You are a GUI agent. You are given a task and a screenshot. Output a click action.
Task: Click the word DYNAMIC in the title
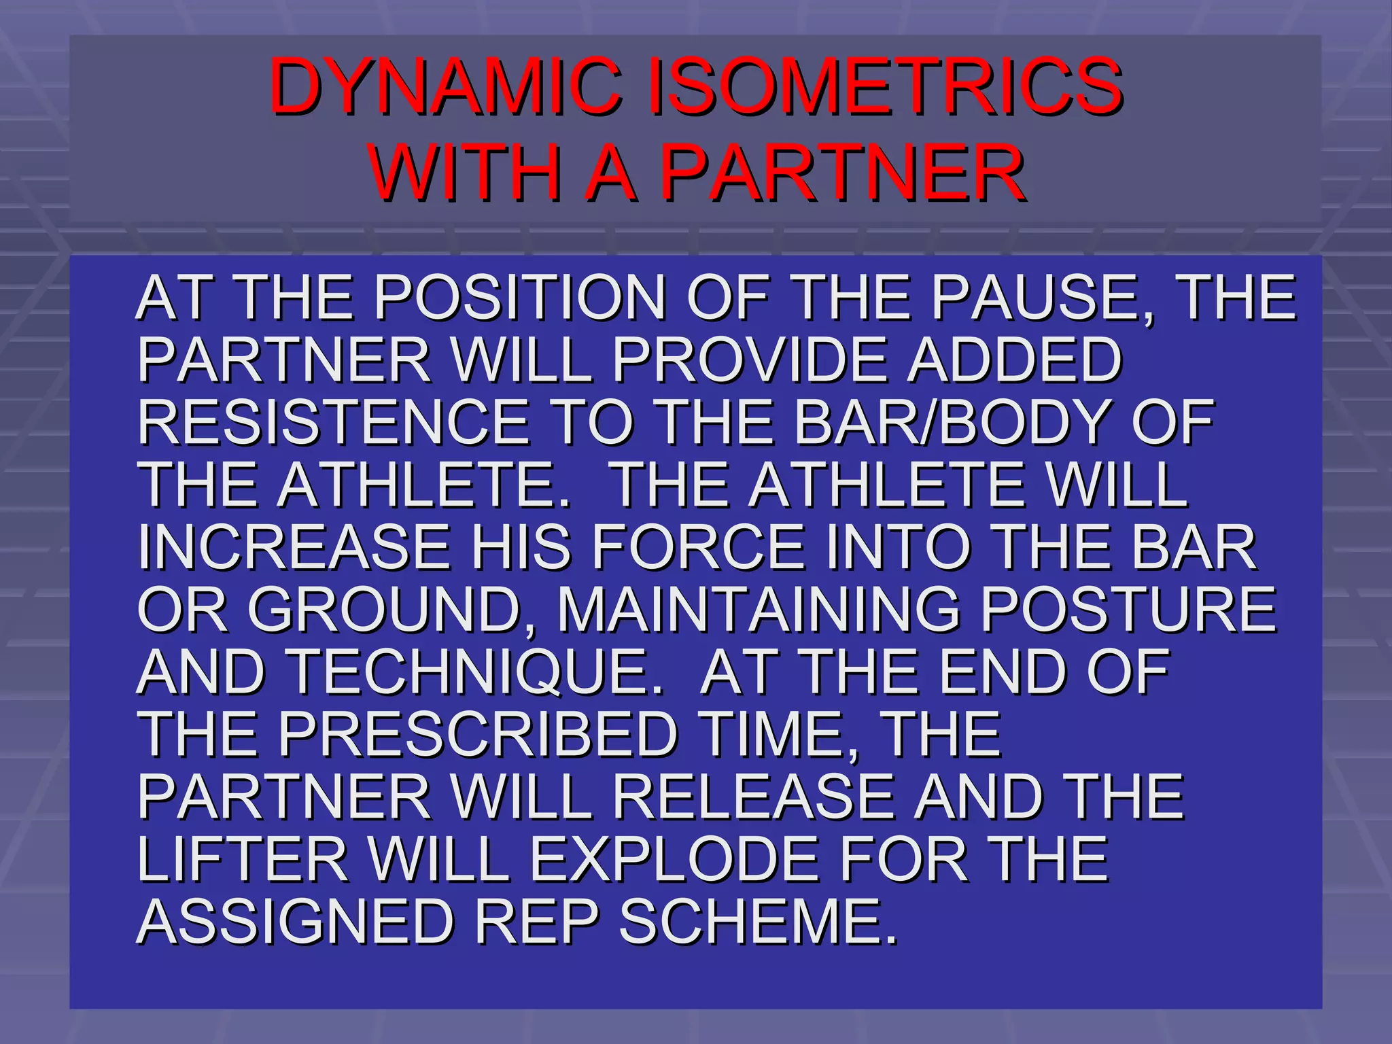pyautogui.click(x=445, y=86)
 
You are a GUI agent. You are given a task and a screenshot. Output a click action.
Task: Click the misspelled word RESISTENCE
pyautogui.click(x=334, y=422)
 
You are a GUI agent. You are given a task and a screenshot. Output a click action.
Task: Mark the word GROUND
pyautogui.click(x=387, y=610)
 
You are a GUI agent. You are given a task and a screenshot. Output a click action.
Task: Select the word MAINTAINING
pyautogui.click(x=758, y=610)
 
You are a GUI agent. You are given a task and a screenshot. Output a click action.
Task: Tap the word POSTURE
pyautogui.click(x=1128, y=610)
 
